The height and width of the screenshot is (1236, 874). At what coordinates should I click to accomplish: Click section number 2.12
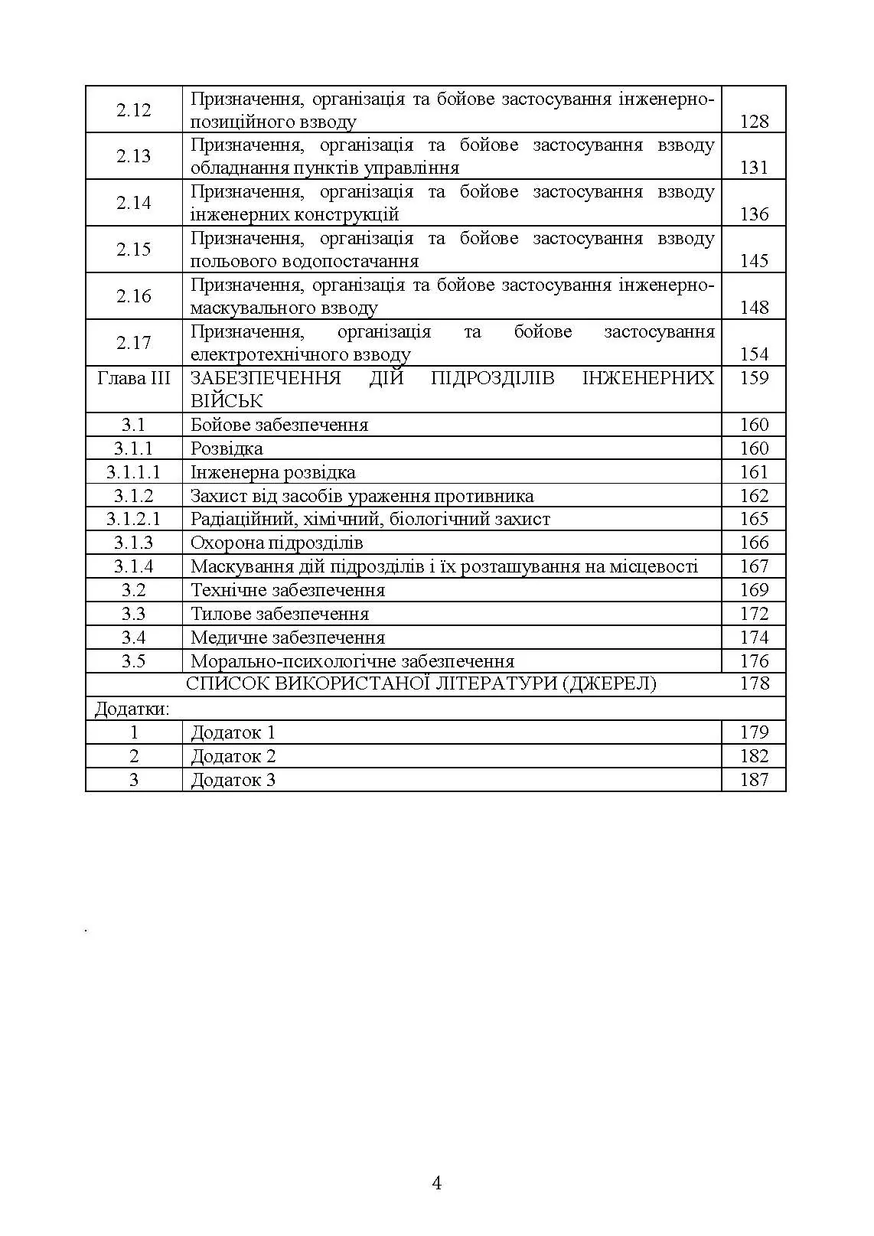point(134,110)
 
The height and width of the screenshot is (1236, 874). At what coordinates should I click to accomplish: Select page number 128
point(754,122)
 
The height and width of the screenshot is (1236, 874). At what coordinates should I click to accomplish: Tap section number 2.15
point(134,249)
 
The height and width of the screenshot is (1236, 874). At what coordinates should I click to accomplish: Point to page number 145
point(754,262)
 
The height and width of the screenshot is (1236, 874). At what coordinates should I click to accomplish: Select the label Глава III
point(134,378)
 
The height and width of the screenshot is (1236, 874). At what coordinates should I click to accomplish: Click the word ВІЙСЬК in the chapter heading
point(227,401)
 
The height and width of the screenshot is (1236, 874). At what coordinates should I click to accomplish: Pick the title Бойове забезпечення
point(279,425)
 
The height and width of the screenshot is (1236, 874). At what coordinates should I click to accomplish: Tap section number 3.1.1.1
point(134,472)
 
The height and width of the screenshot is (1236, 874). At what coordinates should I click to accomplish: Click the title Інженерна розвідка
point(273,472)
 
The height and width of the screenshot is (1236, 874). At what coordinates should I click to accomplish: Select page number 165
point(754,519)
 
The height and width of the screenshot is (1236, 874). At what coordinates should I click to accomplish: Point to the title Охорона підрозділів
point(277,543)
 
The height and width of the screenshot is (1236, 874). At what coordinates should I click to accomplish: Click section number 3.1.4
point(134,566)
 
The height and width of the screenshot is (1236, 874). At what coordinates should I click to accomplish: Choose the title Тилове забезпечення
point(280,614)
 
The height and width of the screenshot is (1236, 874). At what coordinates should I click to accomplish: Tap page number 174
point(754,638)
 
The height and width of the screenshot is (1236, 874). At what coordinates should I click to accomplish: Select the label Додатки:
point(132,709)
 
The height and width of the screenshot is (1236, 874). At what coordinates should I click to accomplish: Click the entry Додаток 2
point(233,756)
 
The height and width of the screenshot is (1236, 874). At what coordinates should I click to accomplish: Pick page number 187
point(754,780)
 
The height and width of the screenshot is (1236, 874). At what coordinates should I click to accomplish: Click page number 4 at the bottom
point(437,1183)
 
